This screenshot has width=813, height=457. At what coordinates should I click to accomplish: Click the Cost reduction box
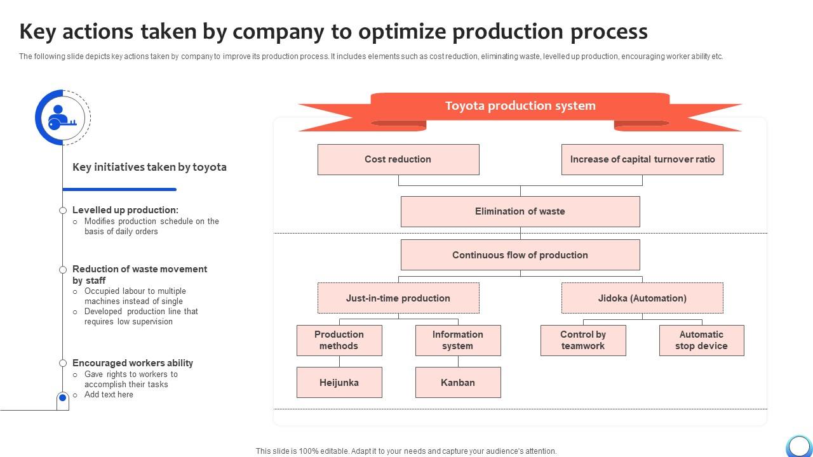[x=398, y=159]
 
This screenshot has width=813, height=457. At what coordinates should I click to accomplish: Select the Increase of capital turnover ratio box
[x=642, y=159]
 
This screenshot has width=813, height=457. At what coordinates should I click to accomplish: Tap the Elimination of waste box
[x=520, y=211]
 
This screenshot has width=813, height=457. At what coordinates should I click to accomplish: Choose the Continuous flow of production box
[x=520, y=255]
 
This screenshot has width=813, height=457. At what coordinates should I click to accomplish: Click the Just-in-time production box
[x=398, y=298]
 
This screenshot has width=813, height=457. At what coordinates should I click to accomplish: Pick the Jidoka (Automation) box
[x=642, y=298]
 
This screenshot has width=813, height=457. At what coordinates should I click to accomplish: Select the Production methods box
[x=339, y=340]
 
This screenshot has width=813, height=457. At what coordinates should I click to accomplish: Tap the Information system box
[x=458, y=340]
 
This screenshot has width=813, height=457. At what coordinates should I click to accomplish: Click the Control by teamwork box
[x=583, y=340]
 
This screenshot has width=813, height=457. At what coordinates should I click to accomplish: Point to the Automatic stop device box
[x=701, y=340]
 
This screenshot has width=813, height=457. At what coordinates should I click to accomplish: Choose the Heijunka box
[x=339, y=383]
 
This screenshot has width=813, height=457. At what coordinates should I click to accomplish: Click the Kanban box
[x=458, y=383]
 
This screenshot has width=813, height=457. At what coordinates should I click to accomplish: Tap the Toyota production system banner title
[x=520, y=106]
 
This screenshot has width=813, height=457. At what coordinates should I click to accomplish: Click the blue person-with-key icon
[x=60, y=117]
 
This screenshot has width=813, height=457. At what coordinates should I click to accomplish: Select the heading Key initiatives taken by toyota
[x=149, y=168]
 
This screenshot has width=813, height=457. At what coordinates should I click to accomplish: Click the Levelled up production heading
[x=125, y=210]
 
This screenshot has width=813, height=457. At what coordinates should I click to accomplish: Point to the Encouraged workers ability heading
[x=133, y=363]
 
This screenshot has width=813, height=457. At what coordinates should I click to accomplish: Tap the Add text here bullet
[x=109, y=395]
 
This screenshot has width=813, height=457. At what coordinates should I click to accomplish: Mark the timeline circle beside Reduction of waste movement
[x=63, y=270]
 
